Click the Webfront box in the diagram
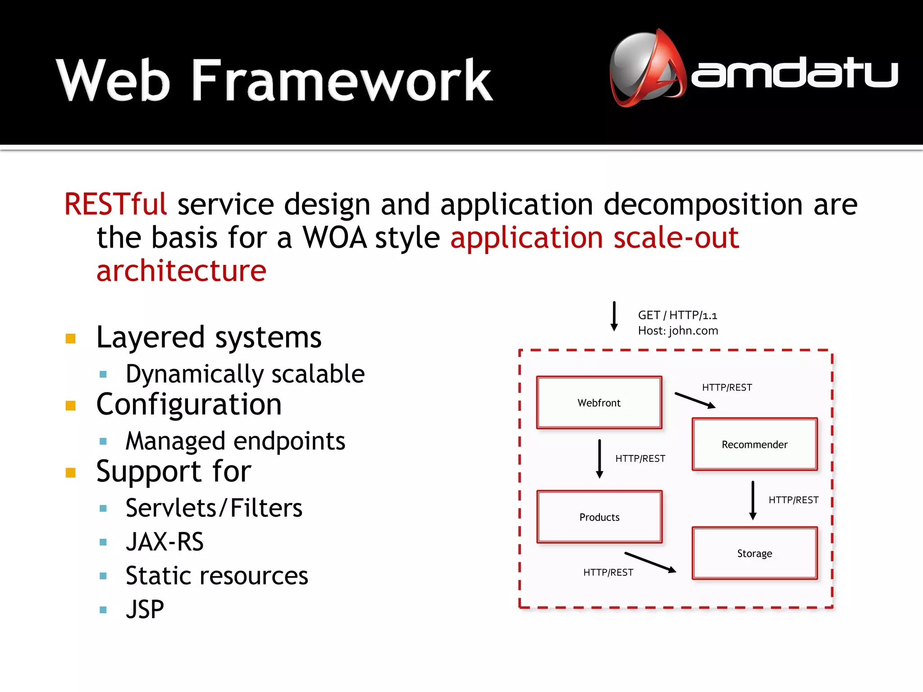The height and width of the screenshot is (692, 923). pos(599,402)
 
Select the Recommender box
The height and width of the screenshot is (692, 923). pos(754,444)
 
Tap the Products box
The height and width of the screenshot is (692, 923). pos(599,517)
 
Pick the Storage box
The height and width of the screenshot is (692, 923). pos(754,553)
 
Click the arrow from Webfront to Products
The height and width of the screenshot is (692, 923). pos(599,459)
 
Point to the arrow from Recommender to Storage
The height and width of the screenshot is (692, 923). pos(753,500)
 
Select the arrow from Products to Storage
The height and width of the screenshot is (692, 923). pos(650,562)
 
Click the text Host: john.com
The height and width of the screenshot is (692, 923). pos(678,331)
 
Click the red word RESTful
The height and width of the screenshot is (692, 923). pos(115,204)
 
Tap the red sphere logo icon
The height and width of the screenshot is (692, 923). pos(646,68)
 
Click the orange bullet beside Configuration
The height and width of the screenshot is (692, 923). pos(71,405)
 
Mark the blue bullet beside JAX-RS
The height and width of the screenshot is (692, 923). pos(103,542)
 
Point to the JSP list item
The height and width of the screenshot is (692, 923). pos(145,609)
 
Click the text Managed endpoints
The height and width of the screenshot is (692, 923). pos(235,441)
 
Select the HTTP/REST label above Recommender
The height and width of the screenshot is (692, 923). pos(727,387)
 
